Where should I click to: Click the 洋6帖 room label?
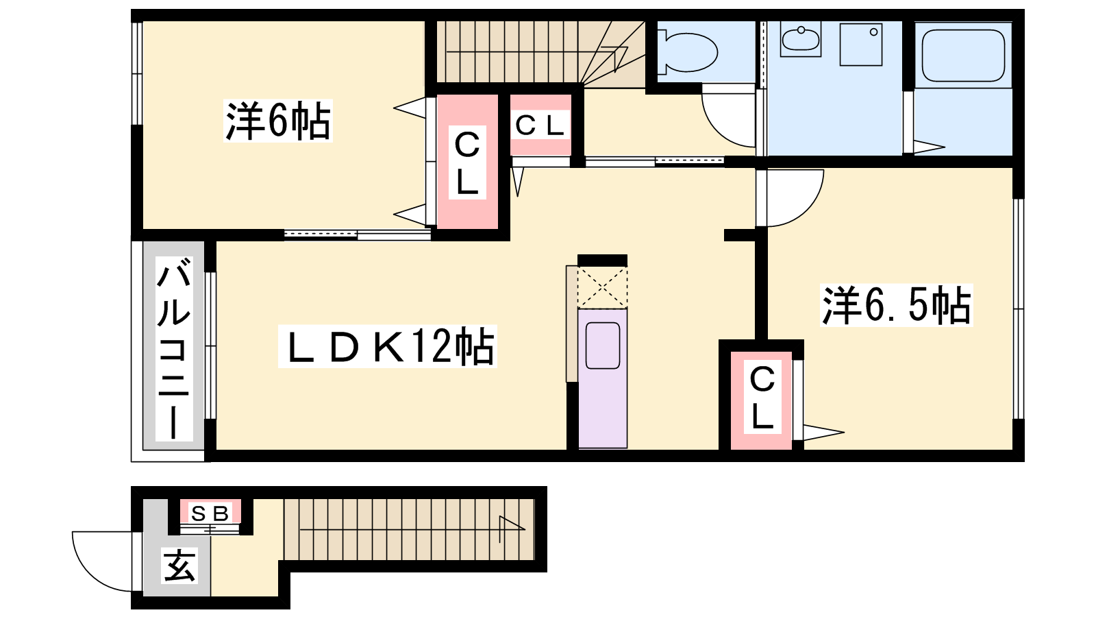(278, 121)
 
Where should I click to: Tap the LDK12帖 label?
(388, 346)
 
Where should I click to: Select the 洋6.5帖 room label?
(897, 305)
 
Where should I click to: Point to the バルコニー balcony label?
(174, 349)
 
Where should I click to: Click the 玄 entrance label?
(179, 566)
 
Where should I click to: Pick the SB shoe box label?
(210, 513)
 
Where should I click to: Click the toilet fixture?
(687, 51)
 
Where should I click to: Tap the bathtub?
(963, 56)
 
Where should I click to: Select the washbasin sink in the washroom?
(801, 39)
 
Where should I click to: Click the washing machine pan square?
(861, 45)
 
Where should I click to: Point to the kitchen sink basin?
(603, 346)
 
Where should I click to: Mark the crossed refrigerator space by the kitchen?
(602, 287)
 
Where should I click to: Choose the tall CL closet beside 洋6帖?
(467, 162)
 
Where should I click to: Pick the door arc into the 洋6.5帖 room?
(808, 210)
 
